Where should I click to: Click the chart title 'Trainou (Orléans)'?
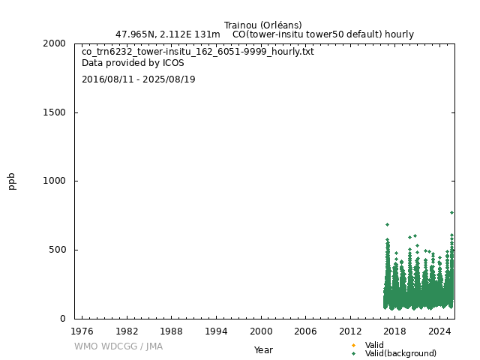click(x=262, y=25)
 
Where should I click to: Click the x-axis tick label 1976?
click(x=82, y=331)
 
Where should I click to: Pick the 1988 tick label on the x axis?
click(x=172, y=331)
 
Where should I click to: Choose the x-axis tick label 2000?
click(x=261, y=331)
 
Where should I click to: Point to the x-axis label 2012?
click(x=350, y=331)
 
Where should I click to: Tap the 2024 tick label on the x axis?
click(x=439, y=331)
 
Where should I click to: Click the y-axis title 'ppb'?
click(x=12, y=181)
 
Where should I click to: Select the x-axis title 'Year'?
click(x=263, y=349)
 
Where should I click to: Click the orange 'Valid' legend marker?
click(x=353, y=346)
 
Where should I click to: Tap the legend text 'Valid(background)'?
click(x=400, y=353)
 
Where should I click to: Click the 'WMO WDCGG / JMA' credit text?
click(x=118, y=346)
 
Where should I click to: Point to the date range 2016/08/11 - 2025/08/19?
click(x=139, y=79)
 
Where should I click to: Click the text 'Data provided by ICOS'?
click(x=133, y=63)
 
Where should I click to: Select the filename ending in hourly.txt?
click(x=198, y=52)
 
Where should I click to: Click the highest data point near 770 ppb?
click(x=451, y=212)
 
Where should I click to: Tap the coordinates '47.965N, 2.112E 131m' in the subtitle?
click(x=168, y=34)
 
